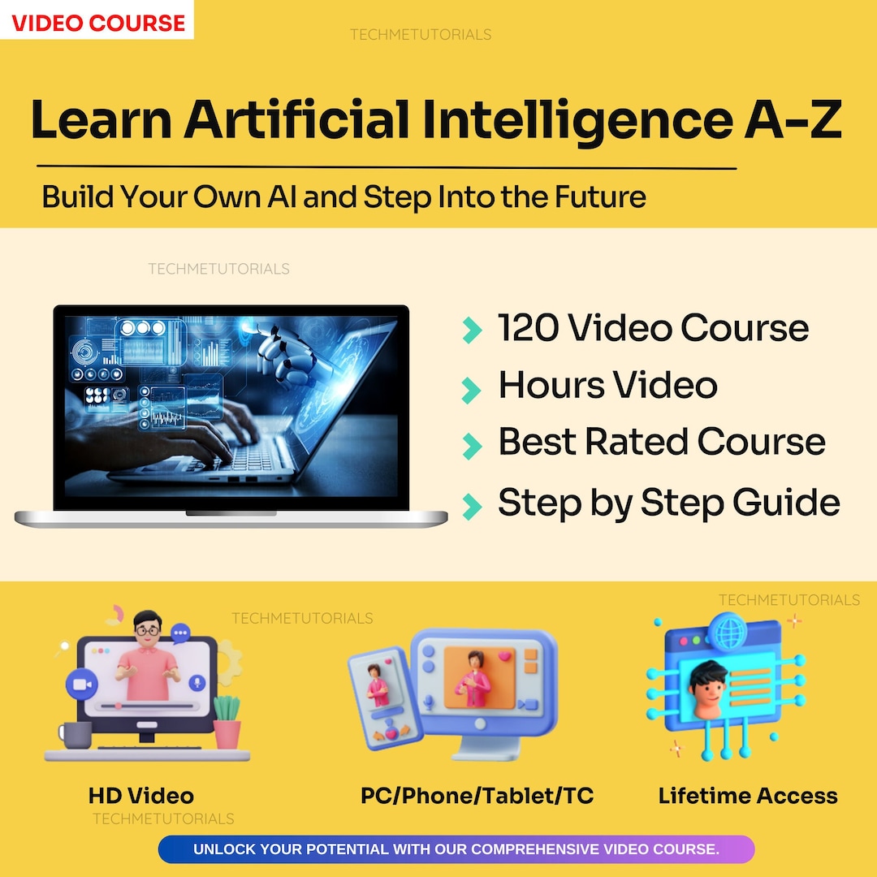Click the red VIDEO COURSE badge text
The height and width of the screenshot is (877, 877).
point(97,23)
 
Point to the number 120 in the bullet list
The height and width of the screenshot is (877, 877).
point(528,328)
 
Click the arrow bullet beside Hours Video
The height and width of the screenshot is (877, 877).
point(471,390)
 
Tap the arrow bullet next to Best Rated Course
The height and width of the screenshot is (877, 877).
point(471,445)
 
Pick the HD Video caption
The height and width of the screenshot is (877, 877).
point(141,796)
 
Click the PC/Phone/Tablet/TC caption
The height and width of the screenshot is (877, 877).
point(477,796)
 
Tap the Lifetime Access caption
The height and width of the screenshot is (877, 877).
point(748,796)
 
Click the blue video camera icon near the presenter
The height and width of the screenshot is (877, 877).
point(80,684)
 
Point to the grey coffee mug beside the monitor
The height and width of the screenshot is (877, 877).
point(75,735)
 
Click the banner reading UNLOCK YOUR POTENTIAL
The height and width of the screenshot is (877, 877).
point(456,849)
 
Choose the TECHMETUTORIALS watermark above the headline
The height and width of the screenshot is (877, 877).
point(420,35)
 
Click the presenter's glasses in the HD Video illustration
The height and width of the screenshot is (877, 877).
point(147,629)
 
